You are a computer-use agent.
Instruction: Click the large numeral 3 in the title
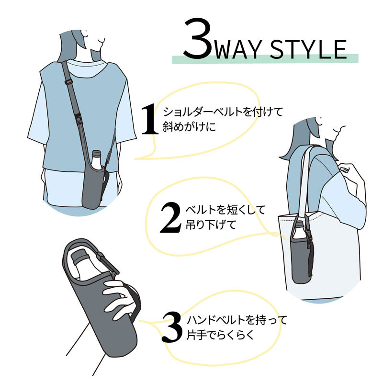(197, 40)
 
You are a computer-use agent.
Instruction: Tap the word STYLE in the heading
(308, 48)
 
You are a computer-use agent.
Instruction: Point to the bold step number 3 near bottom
(172, 327)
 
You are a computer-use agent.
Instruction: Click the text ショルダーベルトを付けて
(224, 112)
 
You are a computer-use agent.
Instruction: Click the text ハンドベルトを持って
(237, 319)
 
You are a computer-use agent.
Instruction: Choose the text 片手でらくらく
(220, 335)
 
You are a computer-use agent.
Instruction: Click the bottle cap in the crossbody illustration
(97, 154)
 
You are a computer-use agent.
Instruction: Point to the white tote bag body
(335, 259)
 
